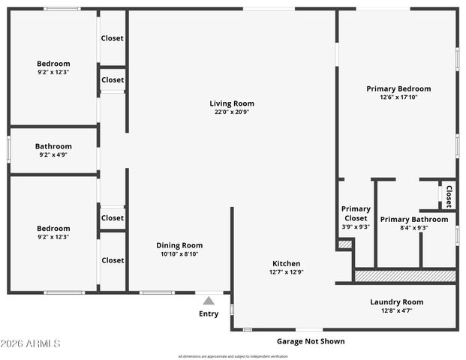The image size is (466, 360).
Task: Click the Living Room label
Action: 231,103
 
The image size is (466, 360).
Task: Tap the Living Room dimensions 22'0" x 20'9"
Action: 231,112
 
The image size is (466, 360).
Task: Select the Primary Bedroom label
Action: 398,88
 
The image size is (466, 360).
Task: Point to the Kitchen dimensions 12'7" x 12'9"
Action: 286,272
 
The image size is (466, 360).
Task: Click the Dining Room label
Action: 179,245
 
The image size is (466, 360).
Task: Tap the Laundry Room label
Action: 396,302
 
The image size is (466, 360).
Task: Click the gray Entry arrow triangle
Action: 209,300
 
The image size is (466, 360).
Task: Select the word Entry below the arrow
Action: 209,313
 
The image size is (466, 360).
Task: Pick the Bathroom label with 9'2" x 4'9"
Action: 53,146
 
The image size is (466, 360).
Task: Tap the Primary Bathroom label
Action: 413,219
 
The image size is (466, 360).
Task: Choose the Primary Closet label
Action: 356,214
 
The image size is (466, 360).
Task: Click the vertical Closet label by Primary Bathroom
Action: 449,196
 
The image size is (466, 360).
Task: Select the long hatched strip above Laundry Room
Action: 404,276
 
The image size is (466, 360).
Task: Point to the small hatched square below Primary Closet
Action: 344,244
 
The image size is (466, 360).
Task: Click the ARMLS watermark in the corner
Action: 31,343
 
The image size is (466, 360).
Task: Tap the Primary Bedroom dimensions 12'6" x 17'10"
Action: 398,97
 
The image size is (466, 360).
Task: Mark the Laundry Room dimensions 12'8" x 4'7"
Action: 396,310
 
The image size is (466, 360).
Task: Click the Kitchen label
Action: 286,263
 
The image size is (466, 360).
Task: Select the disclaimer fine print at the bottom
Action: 233,356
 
